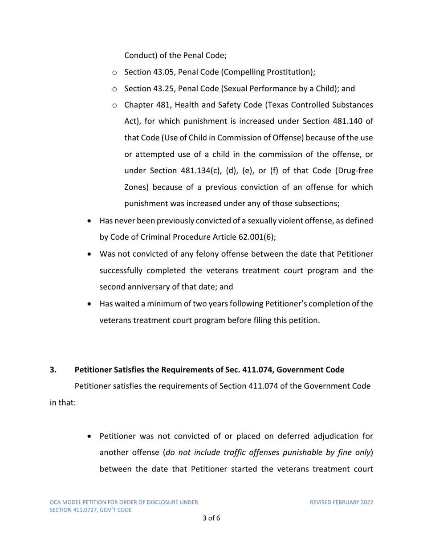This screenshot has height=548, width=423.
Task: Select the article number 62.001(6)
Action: [254, 237]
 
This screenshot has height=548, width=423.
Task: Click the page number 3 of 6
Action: [211, 518]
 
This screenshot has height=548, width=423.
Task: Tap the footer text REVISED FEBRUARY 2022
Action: [341, 502]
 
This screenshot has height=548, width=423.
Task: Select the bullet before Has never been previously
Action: [92, 221]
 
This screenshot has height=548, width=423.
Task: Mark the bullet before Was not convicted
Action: [92, 254]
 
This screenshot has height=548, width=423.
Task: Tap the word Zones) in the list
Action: [136, 187]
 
